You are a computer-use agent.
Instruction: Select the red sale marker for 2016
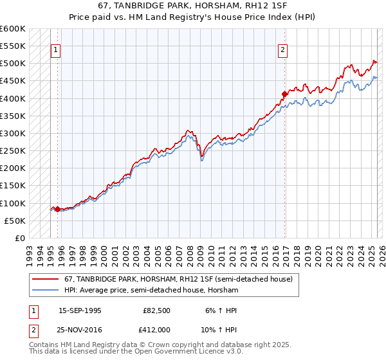[x=284, y=94]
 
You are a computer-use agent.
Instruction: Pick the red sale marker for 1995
[x=57, y=209]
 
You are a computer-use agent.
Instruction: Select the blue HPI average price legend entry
[x=151, y=291]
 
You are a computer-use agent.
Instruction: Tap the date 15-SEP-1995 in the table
[x=80, y=310]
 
